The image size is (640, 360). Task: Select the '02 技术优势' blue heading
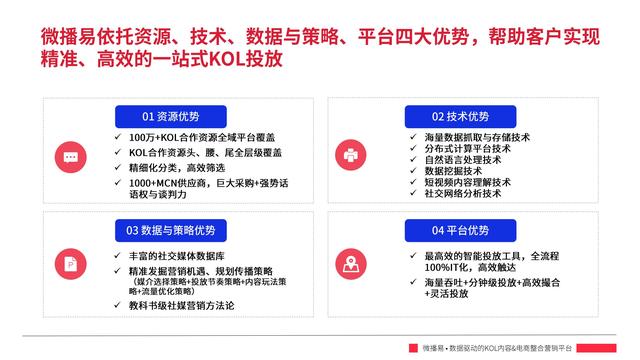pyautogui.click(x=460, y=116)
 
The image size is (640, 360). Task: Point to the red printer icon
pyautogui.click(x=351, y=156)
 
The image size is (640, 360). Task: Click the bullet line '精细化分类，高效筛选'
pyautogui.click(x=180, y=167)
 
